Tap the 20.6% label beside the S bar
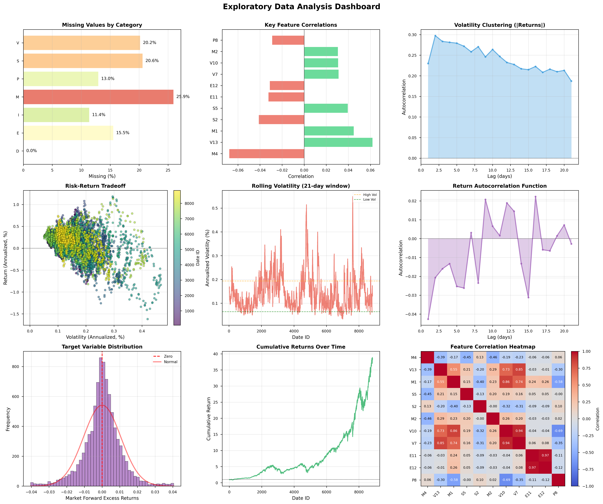point(152,61)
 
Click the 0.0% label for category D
point(32,151)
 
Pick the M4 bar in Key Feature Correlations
point(266,154)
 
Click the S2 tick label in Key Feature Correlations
point(215,120)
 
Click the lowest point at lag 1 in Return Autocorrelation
point(428,319)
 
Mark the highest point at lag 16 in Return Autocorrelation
point(535,197)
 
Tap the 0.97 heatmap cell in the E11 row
point(545,455)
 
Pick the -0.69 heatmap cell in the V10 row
point(558,431)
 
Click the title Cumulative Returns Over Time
point(301,347)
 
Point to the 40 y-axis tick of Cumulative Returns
point(216,354)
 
